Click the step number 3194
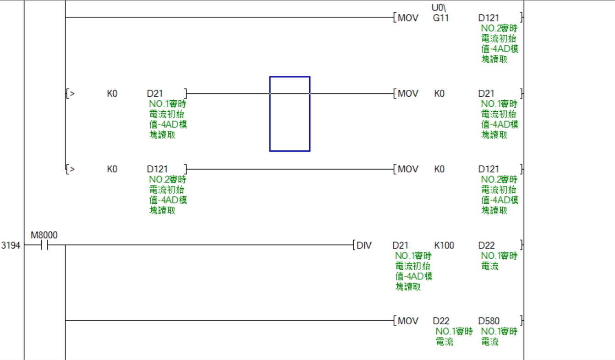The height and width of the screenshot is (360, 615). [x=11, y=245]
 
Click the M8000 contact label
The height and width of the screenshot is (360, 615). [x=44, y=235]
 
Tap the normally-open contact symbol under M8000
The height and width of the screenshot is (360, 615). [x=44, y=246]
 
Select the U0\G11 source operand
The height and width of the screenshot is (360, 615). [x=441, y=14]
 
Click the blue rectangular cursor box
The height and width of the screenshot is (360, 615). [x=290, y=114]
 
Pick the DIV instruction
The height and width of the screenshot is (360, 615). [x=364, y=245]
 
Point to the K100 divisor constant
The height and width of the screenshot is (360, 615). [x=444, y=245]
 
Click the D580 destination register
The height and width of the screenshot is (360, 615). [x=489, y=321]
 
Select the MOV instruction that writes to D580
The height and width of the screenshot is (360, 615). [x=408, y=321]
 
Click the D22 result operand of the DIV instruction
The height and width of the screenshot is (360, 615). [x=486, y=245]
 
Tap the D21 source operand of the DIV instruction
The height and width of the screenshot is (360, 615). [x=400, y=245]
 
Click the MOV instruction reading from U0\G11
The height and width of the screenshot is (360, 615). [x=408, y=18]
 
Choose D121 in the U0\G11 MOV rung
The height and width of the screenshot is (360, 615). [x=489, y=18]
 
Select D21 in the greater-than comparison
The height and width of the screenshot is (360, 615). [x=154, y=94]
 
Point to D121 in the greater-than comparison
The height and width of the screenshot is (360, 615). [x=157, y=169]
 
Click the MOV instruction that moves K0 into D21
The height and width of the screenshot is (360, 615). [x=408, y=94]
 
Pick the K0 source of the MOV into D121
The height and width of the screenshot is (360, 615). [x=439, y=169]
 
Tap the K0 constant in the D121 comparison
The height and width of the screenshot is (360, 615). [x=112, y=169]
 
